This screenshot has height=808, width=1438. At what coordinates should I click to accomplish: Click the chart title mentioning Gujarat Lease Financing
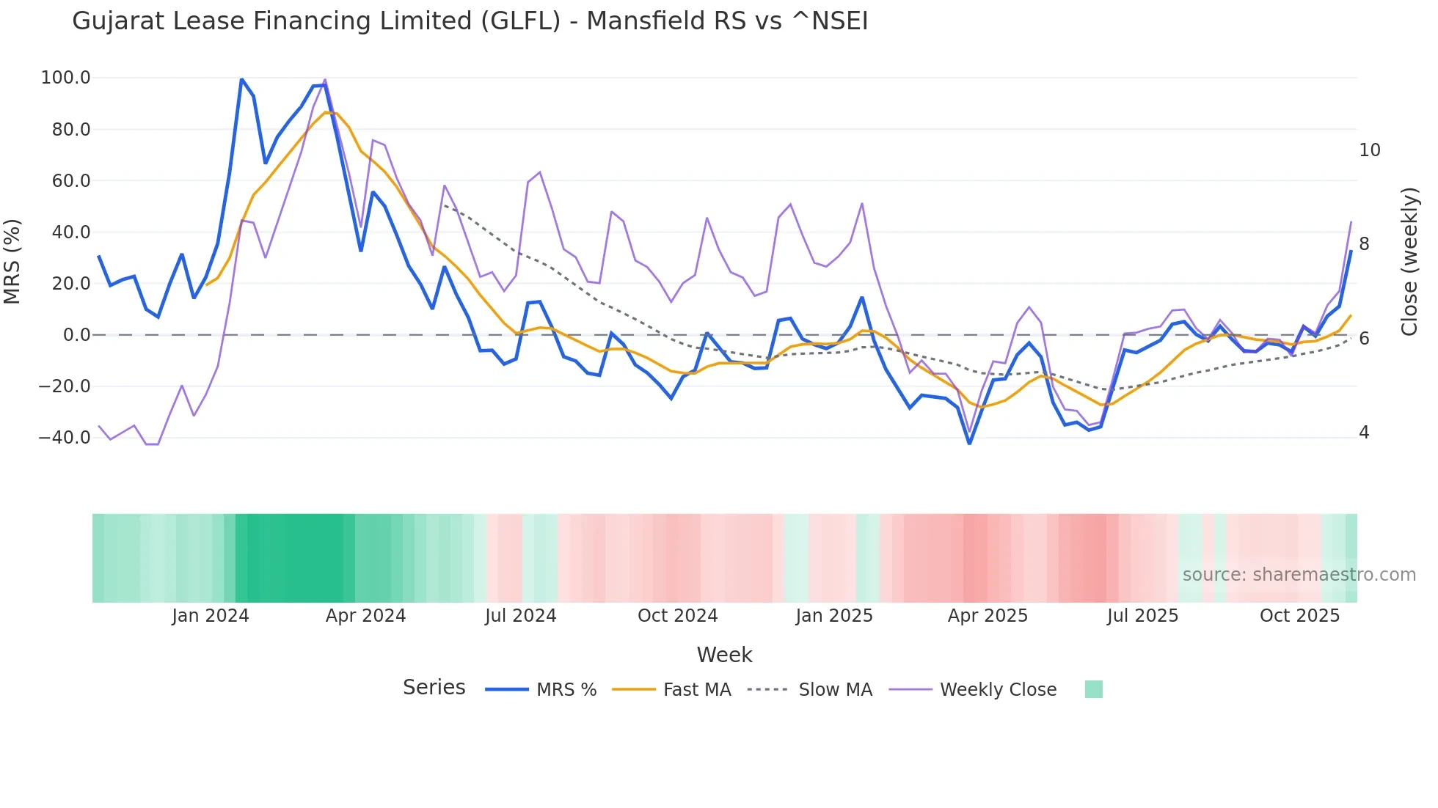pos(470,21)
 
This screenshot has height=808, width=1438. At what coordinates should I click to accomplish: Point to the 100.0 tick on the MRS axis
pos(66,78)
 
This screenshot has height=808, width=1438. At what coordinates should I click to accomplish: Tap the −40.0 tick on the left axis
pos(65,438)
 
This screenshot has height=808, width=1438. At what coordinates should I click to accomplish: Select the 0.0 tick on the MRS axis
pos(76,335)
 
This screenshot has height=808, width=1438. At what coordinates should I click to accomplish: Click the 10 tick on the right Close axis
pos(1369,150)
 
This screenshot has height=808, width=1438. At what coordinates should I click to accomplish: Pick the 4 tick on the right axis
pos(1364,433)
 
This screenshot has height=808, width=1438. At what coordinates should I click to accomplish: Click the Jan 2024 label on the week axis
pos(211,616)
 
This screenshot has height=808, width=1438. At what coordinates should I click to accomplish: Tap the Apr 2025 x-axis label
pos(988,616)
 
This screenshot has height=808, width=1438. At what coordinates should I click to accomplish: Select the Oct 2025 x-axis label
pos(1299,616)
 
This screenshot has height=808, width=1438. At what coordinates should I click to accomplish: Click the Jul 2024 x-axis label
pos(520,616)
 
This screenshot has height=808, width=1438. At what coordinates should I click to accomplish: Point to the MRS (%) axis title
pos(12,261)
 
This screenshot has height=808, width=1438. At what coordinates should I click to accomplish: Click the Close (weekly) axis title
pos(1409,261)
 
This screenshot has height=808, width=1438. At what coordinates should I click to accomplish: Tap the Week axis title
pos(724,655)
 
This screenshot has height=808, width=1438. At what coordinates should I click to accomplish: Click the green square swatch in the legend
pos(1093,689)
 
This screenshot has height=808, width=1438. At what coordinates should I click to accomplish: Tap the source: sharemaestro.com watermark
pos(1299,575)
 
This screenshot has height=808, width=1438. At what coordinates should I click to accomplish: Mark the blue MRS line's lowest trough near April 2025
pos(969,443)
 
